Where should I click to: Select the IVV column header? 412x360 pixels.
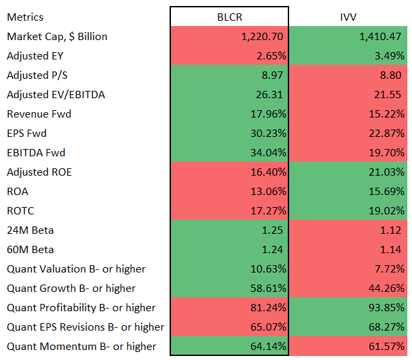[349, 17]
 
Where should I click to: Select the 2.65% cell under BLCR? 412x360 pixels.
[271, 55]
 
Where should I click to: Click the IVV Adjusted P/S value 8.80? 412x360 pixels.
[393, 75]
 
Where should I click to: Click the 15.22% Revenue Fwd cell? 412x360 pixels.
[387, 114]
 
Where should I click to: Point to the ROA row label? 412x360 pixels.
[18, 191]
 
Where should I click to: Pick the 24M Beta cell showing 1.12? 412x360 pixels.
[393, 230]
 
